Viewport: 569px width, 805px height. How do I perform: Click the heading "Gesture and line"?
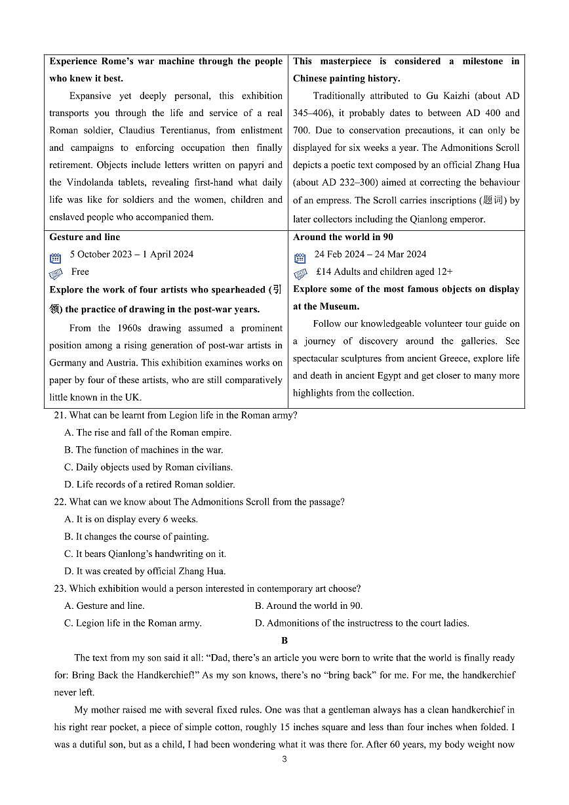pyautogui.click(x=85, y=237)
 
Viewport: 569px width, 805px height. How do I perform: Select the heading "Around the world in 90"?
pyautogui.click(x=343, y=237)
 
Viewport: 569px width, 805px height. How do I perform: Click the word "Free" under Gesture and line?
pyautogui.click(x=80, y=272)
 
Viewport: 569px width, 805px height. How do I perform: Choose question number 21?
pyautogui.click(x=60, y=415)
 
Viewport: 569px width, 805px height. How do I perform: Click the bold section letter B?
pyautogui.click(x=284, y=640)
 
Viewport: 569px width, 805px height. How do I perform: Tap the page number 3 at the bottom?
pyautogui.click(x=284, y=760)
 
